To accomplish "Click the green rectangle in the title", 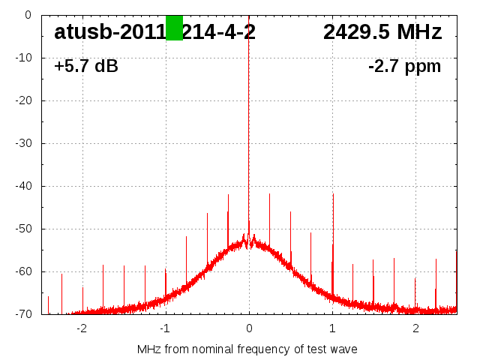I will [x=174, y=28].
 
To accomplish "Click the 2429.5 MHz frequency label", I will [x=382, y=32].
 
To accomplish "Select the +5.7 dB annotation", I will [x=86, y=67].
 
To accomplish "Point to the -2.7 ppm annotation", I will [x=404, y=67].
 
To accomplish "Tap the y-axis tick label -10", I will [x=23, y=58].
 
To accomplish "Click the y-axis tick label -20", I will [x=23, y=100].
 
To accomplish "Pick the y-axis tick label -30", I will [x=23, y=143].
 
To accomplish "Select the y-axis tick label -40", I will [x=23, y=186].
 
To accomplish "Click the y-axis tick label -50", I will [x=23, y=229].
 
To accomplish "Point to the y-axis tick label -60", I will [x=23, y=271].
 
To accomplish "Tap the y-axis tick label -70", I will [x=23, y=314].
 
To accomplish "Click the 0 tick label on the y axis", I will [x=28, y=15].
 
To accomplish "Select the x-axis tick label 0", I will [x=249, y=328].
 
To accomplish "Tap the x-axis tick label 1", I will [x=332, y=328].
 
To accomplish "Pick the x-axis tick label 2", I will [x=415, y=328].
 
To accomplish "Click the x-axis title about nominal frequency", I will [x=247, y=349].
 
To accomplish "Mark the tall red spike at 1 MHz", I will [x=333, y=225].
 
